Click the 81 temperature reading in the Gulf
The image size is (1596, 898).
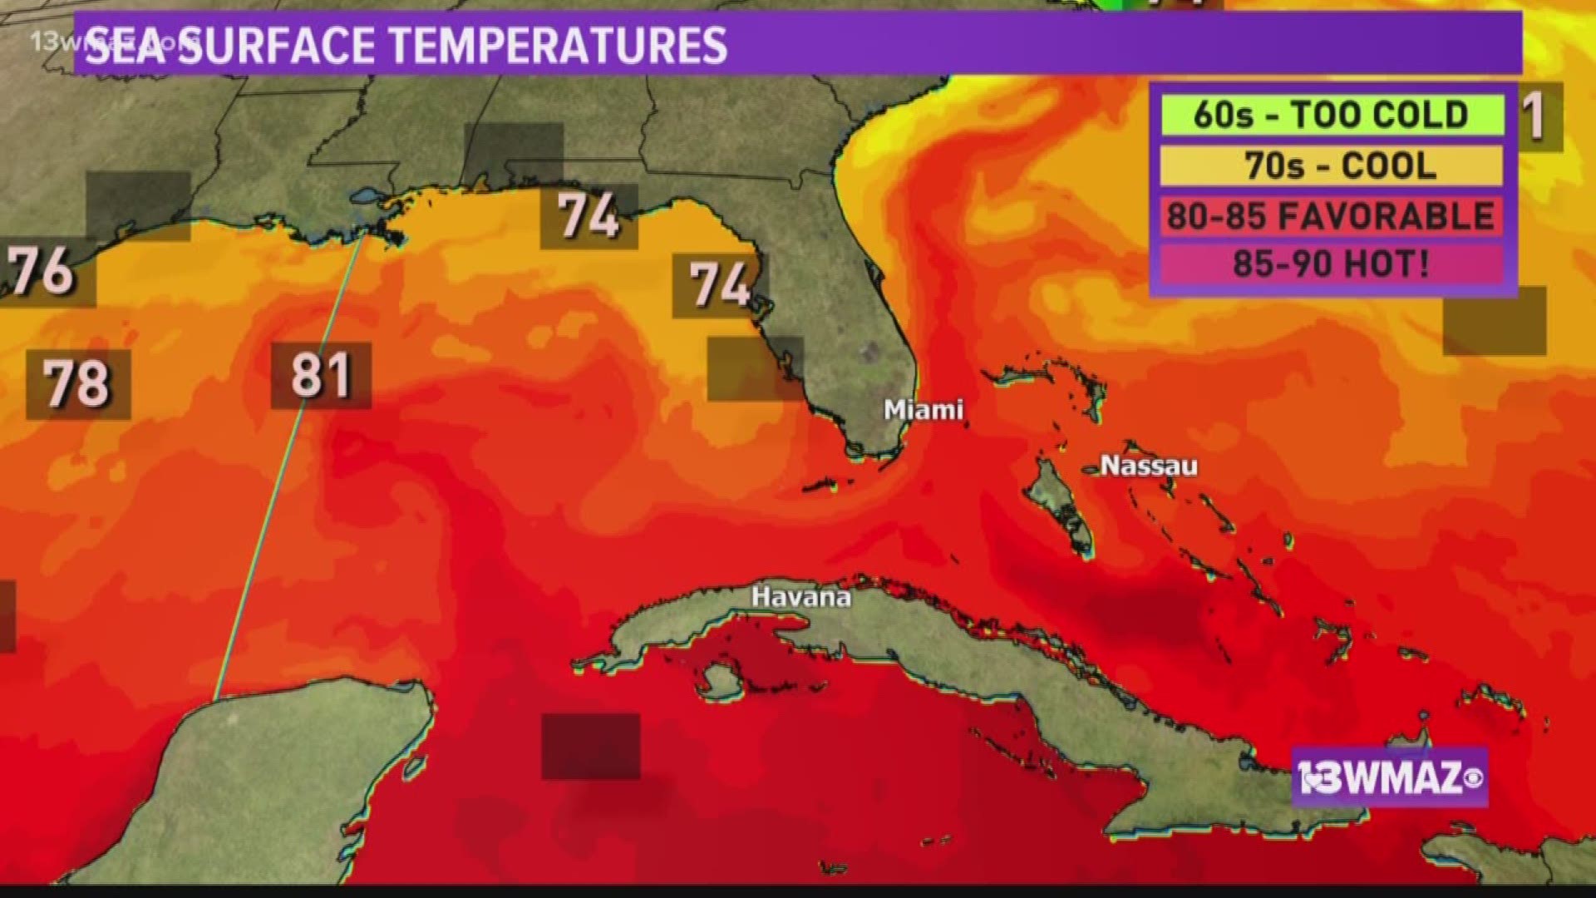pos(321,375)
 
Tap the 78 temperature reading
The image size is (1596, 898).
pos(77,384)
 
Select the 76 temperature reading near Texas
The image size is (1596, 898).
pos(42,270)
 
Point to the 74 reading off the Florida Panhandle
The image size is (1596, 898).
pos(589,216)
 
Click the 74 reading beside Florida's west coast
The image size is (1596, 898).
pos(720,285)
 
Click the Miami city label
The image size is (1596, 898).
pos(923,410)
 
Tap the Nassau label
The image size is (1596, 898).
pos(1149,466)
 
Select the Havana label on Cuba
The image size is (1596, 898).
pos(800,597)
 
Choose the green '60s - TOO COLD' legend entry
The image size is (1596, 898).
pos(1331,115)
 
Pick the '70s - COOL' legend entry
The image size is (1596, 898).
pos(1331,165)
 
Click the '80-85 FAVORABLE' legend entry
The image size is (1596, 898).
pos(1331,216)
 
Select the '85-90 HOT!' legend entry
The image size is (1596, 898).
pos(1331,264)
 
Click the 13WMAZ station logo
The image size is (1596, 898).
pos(1389,778)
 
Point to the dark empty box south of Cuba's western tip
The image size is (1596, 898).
pos(590,746)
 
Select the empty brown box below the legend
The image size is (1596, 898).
pos(1494,322)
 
